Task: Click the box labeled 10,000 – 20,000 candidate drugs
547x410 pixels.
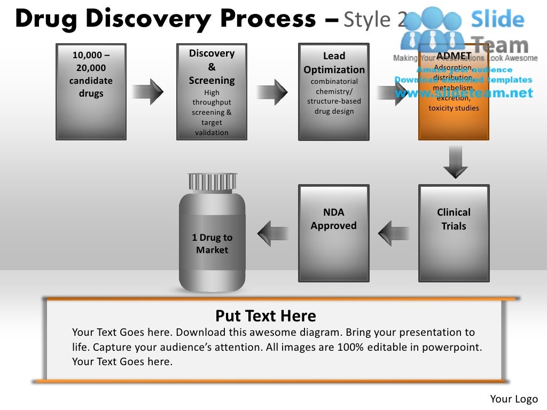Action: pyautogui.click(x=91, y=92)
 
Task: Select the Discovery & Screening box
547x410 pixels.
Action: pyautogui.click(x=212, y=92)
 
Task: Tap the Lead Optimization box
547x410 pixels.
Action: pyautogui.click(x=334, y=92)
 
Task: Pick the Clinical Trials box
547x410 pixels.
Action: pyautogui.click(x=454, y=233)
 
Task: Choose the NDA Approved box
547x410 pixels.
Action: pyautogui.click(x=334, y=233)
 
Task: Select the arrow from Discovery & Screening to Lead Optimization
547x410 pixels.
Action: pyautogui.click(x=272, y=91)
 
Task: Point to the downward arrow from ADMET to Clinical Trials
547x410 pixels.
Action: pyautogui.click(x=456, y=162)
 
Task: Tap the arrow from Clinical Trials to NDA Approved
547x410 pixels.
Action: pyautogui.click(x=394, y=233)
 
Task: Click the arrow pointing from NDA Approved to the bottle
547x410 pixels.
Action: pyautogui.click(x=273, y=233)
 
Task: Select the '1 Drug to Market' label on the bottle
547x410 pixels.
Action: pyautogui.click(x=212, y=244)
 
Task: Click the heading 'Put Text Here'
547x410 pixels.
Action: pyautogui.click(x=265, y=316)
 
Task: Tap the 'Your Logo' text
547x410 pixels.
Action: pyautogui.click(x=514, y=399)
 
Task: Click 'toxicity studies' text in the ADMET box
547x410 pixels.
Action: pyautogui.click(x=454, y=108)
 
